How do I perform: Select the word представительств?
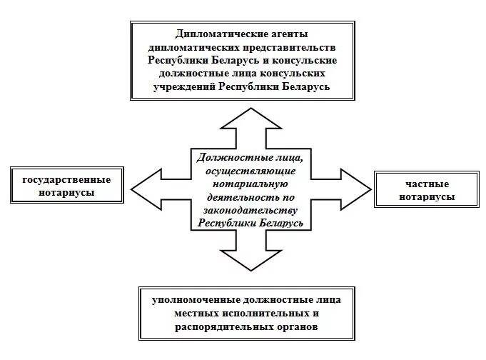tap(292, 46)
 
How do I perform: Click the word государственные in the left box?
tap(67, 179)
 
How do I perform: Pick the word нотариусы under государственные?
tap(67, 193)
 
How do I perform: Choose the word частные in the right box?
tap(427, 184)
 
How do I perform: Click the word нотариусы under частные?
tap(427, 197)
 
